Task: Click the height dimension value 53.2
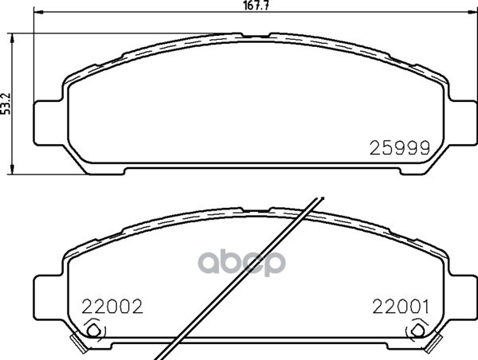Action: [6, 104]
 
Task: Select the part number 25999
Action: [400, 148]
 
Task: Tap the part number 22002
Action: [112, 307]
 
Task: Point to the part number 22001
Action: [400, 307]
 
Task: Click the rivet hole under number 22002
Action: [93, 331]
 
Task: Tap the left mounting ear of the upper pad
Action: [49, 123]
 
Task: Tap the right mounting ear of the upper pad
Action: [462, 123]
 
